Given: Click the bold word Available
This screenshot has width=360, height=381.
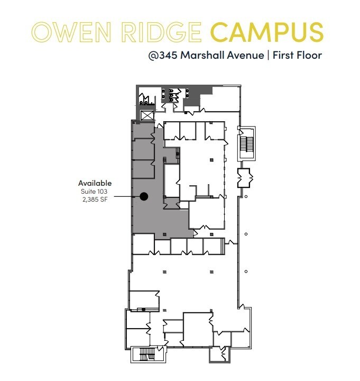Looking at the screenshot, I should coord(95,183).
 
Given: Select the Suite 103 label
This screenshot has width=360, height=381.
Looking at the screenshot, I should coord(96,191).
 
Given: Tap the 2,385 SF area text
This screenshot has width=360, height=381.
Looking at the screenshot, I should coord(96,199).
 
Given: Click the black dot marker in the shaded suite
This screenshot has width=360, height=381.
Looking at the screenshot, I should coord(143,196).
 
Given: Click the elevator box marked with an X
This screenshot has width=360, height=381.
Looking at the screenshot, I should coord(146,115).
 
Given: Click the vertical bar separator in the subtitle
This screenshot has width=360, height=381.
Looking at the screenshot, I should coord(267,55).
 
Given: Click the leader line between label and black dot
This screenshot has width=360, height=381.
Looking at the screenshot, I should coord(127,196).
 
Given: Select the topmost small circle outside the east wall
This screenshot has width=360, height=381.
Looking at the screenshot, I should coord(246,197).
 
